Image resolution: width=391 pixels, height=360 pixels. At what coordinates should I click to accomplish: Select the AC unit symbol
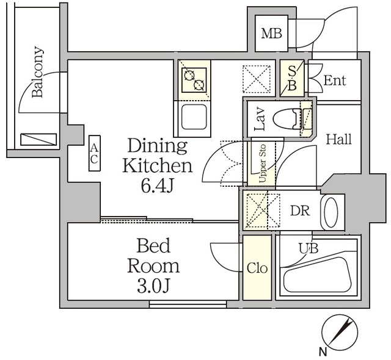tap(94, 153)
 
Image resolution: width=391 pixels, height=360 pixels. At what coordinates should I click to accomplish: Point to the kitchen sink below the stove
tap(194, 115)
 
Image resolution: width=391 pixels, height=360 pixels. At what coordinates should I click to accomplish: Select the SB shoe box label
tap(292, 79)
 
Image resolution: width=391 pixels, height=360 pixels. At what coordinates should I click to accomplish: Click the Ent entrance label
tap(334, 80)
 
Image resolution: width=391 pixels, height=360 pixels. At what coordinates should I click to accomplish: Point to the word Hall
tap(338, 139)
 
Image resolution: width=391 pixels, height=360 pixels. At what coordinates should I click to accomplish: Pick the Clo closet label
tap(257, 268)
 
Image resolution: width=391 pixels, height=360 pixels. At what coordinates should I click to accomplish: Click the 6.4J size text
tap(157, 185)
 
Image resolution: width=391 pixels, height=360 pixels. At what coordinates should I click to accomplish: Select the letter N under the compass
tap(321, 351)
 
